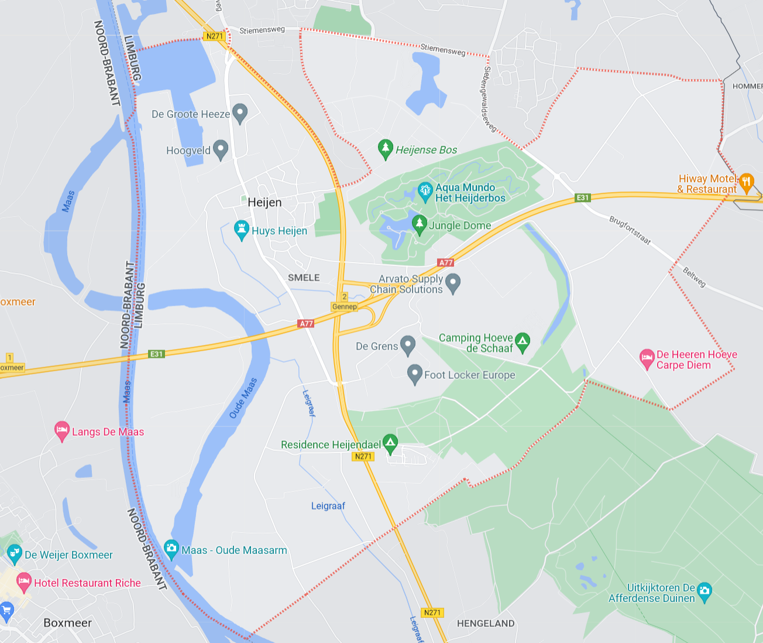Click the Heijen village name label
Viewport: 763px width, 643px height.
(264, 203)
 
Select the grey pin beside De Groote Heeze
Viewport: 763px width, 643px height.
(240, 113)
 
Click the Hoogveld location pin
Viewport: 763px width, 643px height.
(221, 149)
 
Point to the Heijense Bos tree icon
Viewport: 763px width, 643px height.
(385, 149)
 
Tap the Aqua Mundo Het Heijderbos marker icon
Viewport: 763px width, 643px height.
(425, 191)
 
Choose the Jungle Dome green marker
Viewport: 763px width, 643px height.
(419, 224)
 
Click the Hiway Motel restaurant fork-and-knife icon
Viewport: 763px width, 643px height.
(746, 182)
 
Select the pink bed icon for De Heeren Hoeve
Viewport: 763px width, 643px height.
(647, 358)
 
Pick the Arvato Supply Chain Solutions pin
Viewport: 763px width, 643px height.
(453, 283)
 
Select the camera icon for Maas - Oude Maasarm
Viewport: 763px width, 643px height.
(171, 549)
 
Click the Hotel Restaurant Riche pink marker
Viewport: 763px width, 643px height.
(23, 582)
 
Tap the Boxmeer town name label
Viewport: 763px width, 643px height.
(67, 623)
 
